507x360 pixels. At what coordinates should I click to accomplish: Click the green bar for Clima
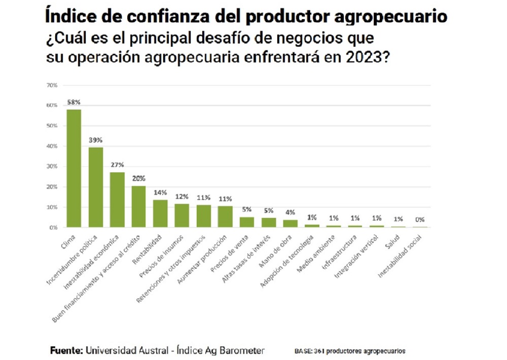click(74, 168)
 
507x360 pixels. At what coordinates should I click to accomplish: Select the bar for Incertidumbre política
click(96, 187)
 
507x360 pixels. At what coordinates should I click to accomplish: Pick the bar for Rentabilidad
click(160, 213)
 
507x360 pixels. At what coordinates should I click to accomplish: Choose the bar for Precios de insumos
click(182, 215)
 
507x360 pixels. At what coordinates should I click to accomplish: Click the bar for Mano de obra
click(290, 224)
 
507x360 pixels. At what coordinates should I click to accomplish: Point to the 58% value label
click(74, 102)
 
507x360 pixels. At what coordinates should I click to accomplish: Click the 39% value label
click(96, 140)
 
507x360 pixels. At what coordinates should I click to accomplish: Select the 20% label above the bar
click(139, 178)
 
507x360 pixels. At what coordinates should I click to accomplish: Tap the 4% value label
click(290, 212)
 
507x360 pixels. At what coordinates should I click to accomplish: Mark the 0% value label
click(420, 220)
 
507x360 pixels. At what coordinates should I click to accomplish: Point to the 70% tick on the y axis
click(52, 85)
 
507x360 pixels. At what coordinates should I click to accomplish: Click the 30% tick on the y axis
click(52, 167)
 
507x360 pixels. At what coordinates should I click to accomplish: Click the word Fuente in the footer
click(66, 351)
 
